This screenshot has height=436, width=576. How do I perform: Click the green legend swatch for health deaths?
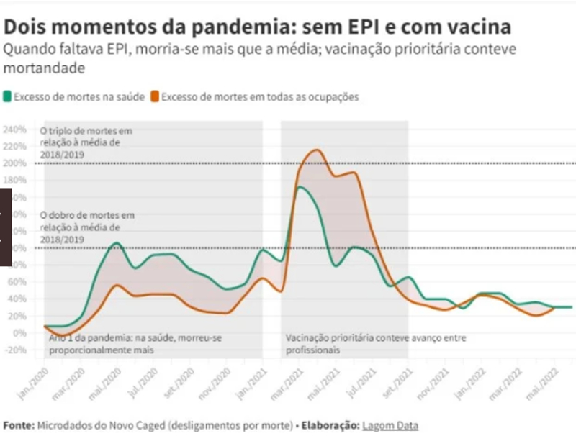(8, 96)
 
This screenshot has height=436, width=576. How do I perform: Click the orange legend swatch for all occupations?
(156, 96)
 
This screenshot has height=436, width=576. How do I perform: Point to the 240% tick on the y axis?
(15, 130)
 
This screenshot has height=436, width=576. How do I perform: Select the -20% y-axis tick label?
(15, 350)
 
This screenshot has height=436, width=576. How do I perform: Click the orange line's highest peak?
(315, 150)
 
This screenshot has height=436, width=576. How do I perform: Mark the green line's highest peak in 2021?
(300, 188)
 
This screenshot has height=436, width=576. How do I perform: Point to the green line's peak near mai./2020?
(116, 244)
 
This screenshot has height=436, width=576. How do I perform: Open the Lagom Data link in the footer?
(390, 425)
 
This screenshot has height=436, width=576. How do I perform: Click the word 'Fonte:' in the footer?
(19, 425)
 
